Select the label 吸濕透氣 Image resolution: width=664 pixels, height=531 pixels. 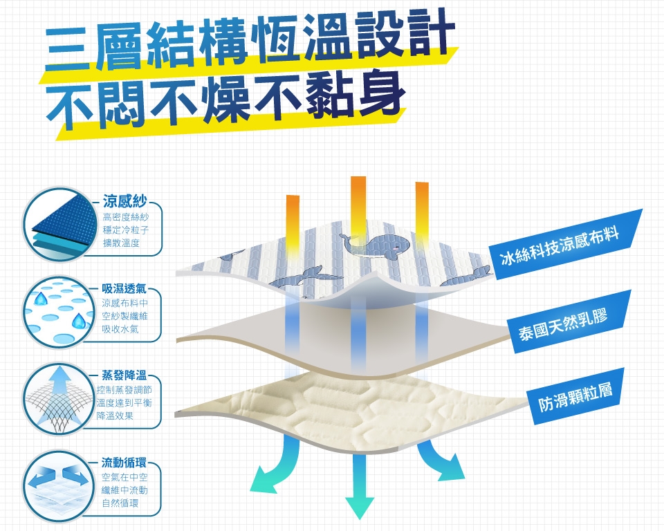pos(125,288)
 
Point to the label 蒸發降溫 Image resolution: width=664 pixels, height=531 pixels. pos(125,375)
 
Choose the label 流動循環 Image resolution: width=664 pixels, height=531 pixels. pos(125,461)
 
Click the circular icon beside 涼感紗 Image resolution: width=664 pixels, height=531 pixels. pos(58,223)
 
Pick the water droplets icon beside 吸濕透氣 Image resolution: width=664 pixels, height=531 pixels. pos(58,310)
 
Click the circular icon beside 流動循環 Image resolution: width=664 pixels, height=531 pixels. pos(58,483)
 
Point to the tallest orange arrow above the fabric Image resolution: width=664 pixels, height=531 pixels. pos(358,204)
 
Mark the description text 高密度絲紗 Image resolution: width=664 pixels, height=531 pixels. pos(121,218)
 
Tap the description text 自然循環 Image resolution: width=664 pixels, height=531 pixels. pos(120,503)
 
